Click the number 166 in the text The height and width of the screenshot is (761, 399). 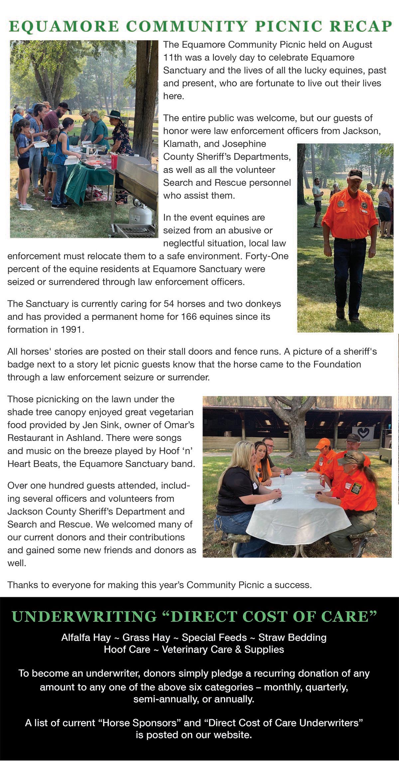click(x=188, y=316)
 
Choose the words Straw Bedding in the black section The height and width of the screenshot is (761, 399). click(x=292, y=637)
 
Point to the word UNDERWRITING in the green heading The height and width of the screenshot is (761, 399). click(x=84, y=616)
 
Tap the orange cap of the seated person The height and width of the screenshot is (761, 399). click(x=323, y=443)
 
